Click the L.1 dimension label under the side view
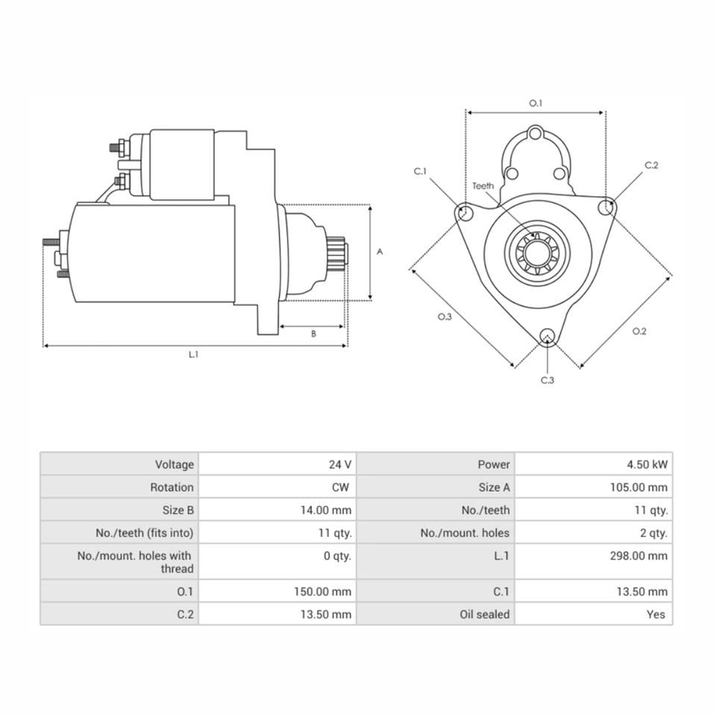[193, 355]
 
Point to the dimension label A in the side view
[379, 252]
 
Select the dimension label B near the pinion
[313, 334]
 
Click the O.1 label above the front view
[536, 104]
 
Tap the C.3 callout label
[547, 380]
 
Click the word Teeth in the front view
[483, 186]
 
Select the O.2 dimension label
[639, 331]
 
